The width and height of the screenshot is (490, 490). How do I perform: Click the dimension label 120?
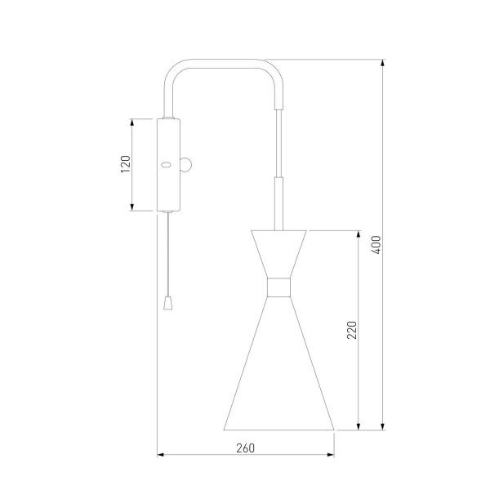click(126, 164)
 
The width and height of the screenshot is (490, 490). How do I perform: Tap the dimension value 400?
click(376, 245)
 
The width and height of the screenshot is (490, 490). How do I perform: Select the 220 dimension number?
click(352, 330)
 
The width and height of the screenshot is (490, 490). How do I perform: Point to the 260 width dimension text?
click(245, 448)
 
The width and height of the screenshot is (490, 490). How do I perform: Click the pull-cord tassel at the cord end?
click(168, 303)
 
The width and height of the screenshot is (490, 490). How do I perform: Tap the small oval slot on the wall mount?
click(166, 165)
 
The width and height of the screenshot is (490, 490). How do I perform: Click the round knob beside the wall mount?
click(185, 165)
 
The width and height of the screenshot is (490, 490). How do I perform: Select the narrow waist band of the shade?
click(278, 287)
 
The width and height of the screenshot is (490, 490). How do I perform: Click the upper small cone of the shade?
click(278, 254)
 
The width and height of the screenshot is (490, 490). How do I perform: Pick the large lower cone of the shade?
click(278, 375)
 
